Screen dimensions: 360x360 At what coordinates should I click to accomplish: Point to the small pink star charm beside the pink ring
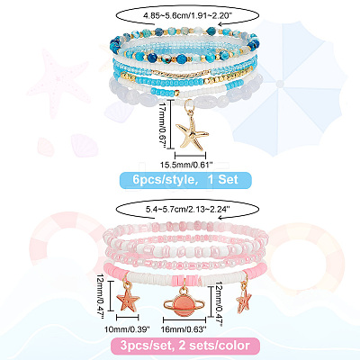244,301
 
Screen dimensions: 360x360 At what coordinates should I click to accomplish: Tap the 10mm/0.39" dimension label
127,329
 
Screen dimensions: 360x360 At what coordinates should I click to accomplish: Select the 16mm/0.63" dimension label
184,329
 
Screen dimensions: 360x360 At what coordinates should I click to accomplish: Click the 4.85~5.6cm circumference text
188,16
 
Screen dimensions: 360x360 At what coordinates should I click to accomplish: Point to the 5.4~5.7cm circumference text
188,210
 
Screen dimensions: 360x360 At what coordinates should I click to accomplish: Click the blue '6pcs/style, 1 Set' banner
185,180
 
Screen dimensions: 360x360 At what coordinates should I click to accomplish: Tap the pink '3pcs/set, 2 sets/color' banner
185,346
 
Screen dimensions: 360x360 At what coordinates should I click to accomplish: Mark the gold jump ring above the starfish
189,107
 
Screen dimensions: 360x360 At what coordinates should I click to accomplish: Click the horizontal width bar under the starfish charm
191,156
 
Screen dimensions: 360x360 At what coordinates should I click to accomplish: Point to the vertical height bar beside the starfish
171,124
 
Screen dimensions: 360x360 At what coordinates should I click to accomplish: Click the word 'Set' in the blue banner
228,179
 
